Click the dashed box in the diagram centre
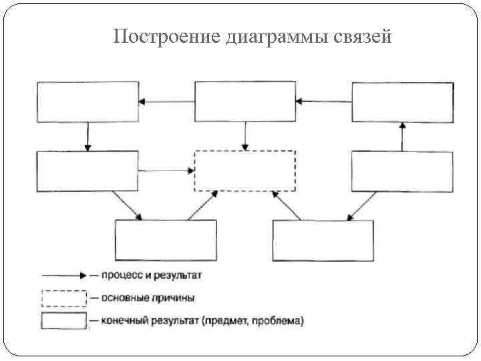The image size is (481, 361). coord(245,171)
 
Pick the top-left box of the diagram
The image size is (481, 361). coord(88,102)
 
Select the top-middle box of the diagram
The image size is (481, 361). coord(245,102)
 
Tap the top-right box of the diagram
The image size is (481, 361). coord(402,102)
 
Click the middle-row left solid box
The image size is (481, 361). coord(88,171)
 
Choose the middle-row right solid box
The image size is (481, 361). coord(402,171)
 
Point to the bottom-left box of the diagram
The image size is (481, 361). coord(166,240)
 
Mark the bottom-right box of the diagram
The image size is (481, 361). coord(323,240)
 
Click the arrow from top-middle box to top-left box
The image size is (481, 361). coord(166,102)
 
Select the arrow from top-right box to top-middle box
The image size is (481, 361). coord(324,102)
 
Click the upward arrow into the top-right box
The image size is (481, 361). coord(402,136)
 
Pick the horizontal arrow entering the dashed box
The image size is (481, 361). coord(166,170)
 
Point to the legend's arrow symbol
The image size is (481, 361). coord(63,275)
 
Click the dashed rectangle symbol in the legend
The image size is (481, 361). coord(64,298)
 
